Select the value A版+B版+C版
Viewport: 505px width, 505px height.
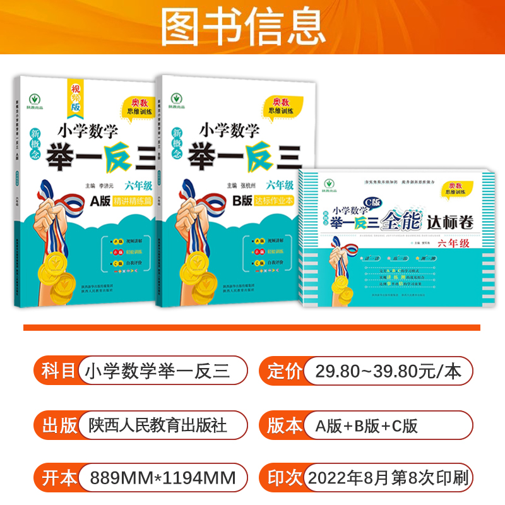pos(367,425)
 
